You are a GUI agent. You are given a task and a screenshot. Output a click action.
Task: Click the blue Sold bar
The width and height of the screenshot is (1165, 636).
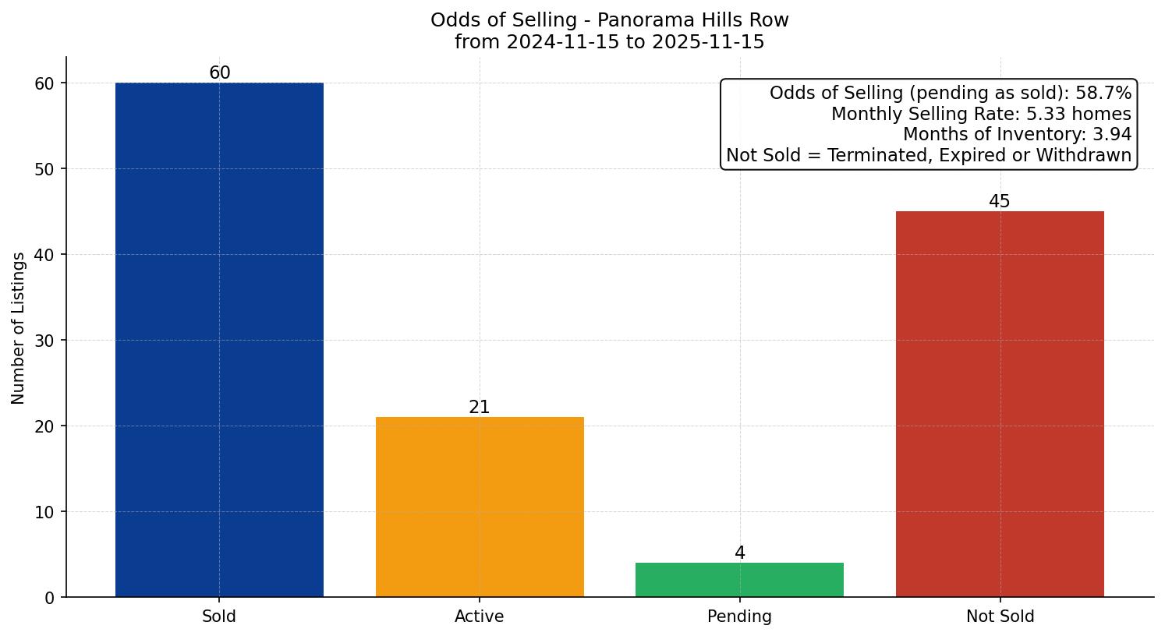tap(219, 340)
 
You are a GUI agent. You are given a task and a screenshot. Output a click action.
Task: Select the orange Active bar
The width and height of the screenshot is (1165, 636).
tap(480, 507)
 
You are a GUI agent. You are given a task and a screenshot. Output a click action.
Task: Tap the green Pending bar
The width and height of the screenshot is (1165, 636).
tap(739, 580)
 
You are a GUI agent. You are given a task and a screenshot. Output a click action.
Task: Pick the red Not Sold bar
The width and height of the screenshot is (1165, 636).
tap(1000, 404)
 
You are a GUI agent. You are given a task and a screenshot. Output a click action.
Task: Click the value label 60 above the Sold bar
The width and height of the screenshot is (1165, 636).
tap(220, 73)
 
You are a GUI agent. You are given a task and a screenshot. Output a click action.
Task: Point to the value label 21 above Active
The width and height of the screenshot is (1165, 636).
tap(480, 408)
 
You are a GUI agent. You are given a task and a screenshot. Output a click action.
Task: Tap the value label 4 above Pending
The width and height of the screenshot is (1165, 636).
tap(740, 553)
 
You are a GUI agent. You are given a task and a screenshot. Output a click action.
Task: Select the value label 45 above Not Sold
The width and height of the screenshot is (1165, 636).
tap(1000, 202)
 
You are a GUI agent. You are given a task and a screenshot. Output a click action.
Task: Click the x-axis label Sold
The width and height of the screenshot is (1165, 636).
tap(219, 617)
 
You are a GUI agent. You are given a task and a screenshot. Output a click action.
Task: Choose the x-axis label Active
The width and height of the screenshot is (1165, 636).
tap(480, 617)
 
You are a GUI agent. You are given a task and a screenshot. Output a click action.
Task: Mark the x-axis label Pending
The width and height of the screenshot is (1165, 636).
tap(739, 617)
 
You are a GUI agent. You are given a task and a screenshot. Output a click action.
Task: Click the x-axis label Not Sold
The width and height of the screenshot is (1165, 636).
tap(1000, 617)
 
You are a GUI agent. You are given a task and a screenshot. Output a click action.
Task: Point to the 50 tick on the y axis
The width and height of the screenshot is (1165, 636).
tap(45, 169)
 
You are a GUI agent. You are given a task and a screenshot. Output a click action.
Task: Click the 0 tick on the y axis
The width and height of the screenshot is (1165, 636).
tap(50, 598)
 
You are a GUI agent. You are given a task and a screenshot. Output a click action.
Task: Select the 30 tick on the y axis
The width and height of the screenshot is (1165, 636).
tap(45, 341)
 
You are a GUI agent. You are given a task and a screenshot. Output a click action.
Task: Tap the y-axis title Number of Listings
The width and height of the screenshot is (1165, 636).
tap(19, 328)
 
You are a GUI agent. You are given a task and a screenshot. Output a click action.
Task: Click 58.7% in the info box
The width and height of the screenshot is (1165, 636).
tap(1103, 94)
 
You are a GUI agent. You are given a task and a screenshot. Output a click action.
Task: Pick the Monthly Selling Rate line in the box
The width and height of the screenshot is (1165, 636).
tap(981, 115)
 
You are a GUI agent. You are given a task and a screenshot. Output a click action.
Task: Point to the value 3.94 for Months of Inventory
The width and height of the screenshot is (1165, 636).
tap(1111, 135)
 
